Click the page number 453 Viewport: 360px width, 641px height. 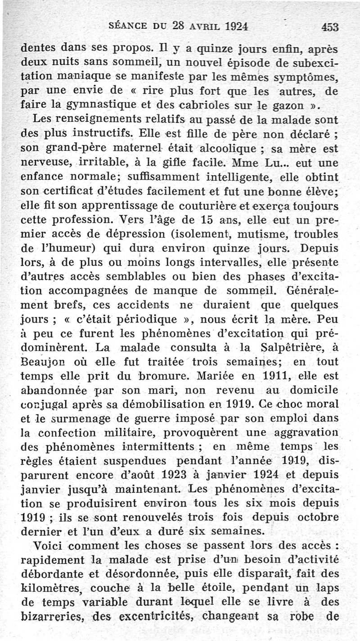click(330, 27)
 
